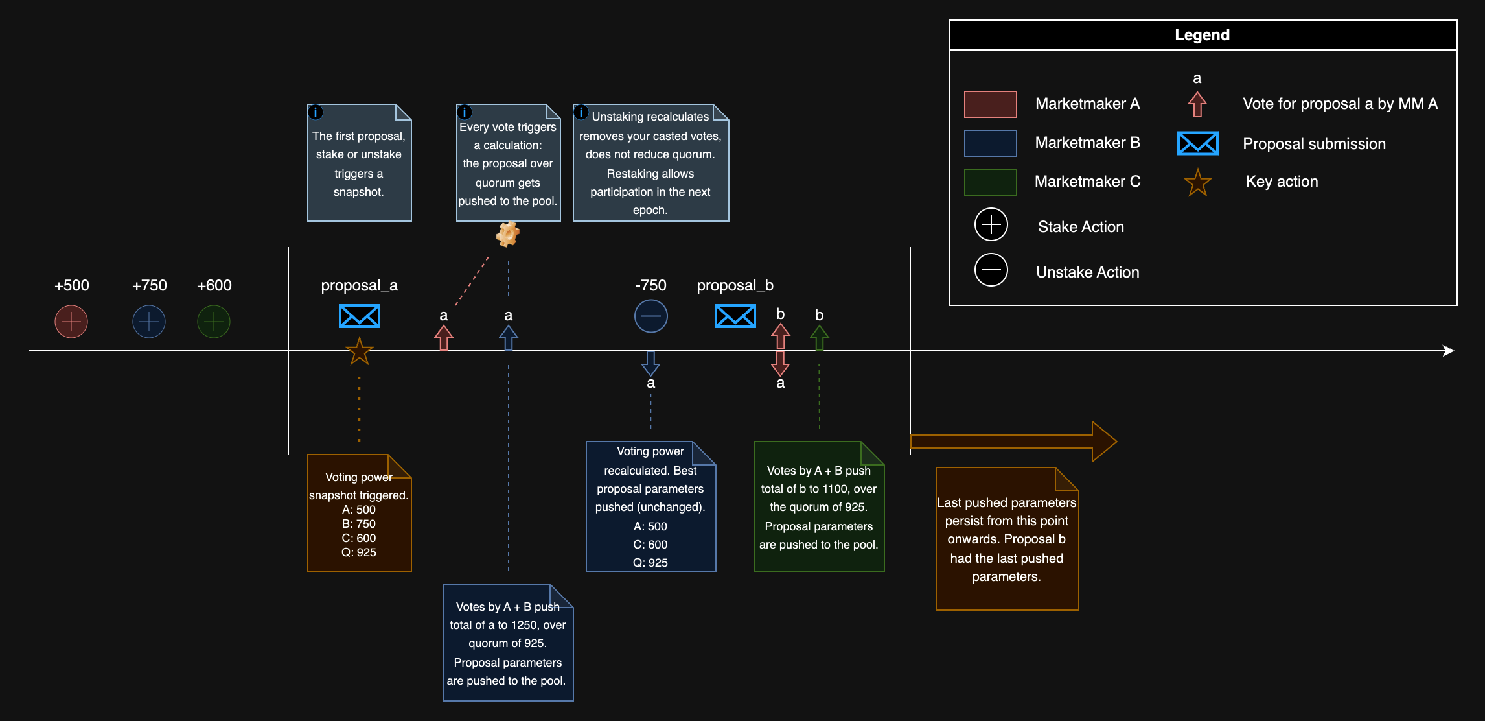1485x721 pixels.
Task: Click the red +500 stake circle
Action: tap(71, 322)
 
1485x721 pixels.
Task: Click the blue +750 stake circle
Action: tap(149, 322)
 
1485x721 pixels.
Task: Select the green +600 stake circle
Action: tap(214, 322)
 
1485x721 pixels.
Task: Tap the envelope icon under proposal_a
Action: tap(360, 316)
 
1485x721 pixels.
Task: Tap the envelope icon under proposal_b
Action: tap(735, 316)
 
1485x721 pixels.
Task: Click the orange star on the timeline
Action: tap(360, 351)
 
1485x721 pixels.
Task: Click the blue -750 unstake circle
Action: tap(650, 316)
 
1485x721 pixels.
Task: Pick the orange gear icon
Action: tap(508, 234)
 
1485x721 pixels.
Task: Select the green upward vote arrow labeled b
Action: tap(819, 337)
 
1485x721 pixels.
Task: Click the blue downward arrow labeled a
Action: tap(650, 363)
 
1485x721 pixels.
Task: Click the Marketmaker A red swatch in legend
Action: tap(990, 104)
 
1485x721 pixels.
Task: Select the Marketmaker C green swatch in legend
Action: tap(990, 182)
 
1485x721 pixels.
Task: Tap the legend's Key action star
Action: tap(1197, 183)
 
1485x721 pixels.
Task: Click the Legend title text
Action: tap(1202, 35)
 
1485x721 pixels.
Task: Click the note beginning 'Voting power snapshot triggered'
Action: tap(360, 513)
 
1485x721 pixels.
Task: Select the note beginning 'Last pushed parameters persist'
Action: tap(1007, 539)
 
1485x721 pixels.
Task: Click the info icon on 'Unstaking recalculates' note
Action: tap(581, 113)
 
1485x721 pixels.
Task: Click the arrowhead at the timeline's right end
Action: tap(1449, 351)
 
